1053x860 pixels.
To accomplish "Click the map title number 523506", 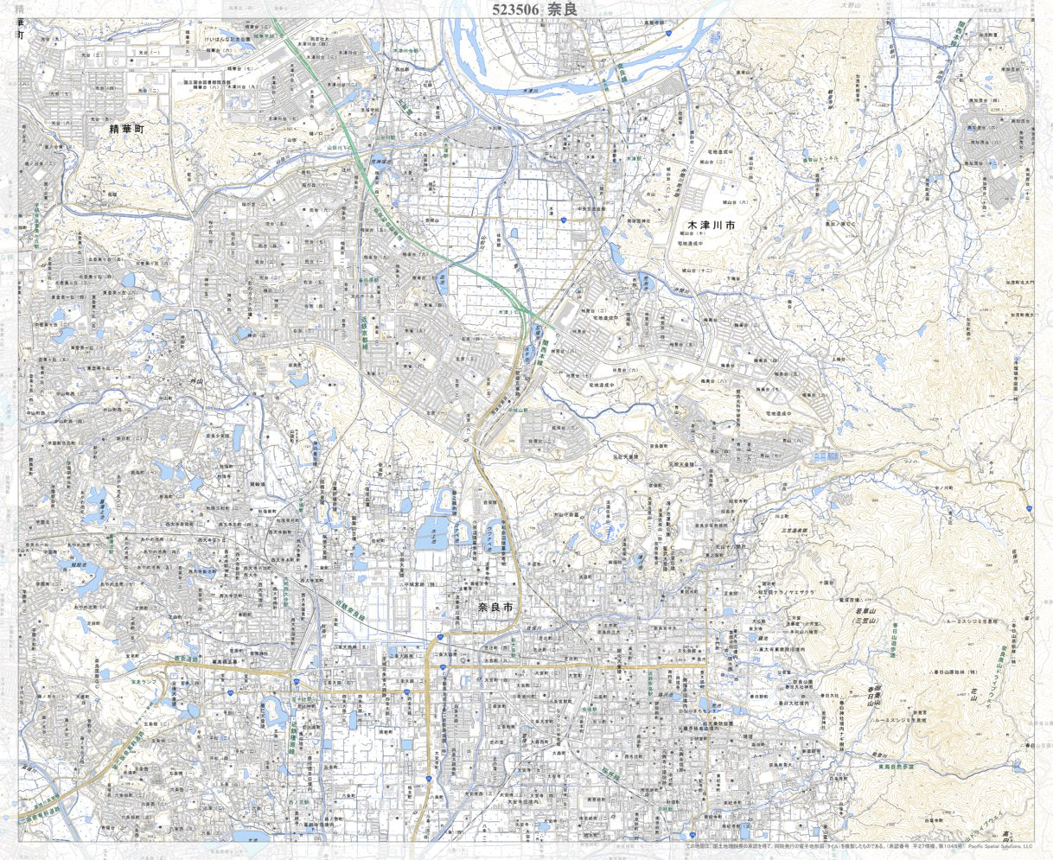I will point(515,10).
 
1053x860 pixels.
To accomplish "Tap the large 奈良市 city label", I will point(495,608).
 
